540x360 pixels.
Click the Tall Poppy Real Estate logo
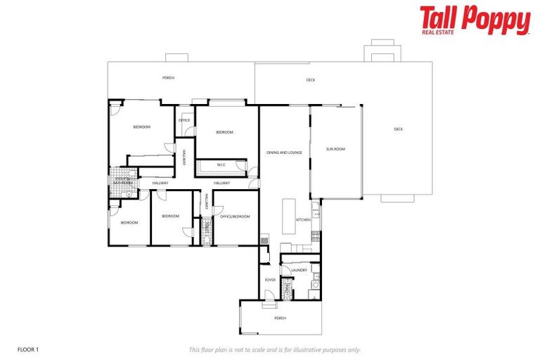tap(475, 20)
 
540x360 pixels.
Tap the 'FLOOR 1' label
tap(27, 349)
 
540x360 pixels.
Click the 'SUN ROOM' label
tap(335, 149)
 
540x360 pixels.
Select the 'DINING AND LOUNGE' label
tap(284, 152)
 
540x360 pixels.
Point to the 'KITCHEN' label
tap(303, 220)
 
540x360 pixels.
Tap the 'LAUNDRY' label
tap(300, 270)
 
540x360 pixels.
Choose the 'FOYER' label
tap(270, 280)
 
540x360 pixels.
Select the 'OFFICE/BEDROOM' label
tap(236, 217)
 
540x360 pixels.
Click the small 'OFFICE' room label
tap(184, 120)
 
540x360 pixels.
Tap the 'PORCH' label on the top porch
tap(168, 78)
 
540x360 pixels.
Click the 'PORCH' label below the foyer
tap(281, 318)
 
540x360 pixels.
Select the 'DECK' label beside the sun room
tap(398, 129)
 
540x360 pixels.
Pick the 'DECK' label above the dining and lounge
tap(311, 80)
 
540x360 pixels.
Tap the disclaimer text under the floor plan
tap(275, 349)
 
